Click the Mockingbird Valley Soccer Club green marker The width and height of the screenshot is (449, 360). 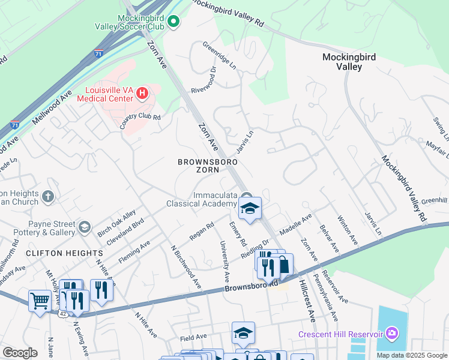pyautogui.click(x=173, y=23)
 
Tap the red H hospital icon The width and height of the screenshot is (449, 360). pyautogui.click(x=142, y=93)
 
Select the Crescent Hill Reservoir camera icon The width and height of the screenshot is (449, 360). pyautogui.click(x=392, y=333)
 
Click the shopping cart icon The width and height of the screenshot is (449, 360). pyautogui.click(x=40, y=301)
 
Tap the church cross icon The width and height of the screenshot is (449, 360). pyautogui.click(x=49, y=196)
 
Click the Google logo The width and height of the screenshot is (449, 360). pyautogui.click(x=20, y=353)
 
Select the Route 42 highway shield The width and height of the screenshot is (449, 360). pyautogui.click(x=63, y=313)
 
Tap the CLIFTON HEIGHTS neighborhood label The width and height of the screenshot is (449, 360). pyautogui.click(x=56, y=254)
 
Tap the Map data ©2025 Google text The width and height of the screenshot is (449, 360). pyautogui.click(x=411, y=355)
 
